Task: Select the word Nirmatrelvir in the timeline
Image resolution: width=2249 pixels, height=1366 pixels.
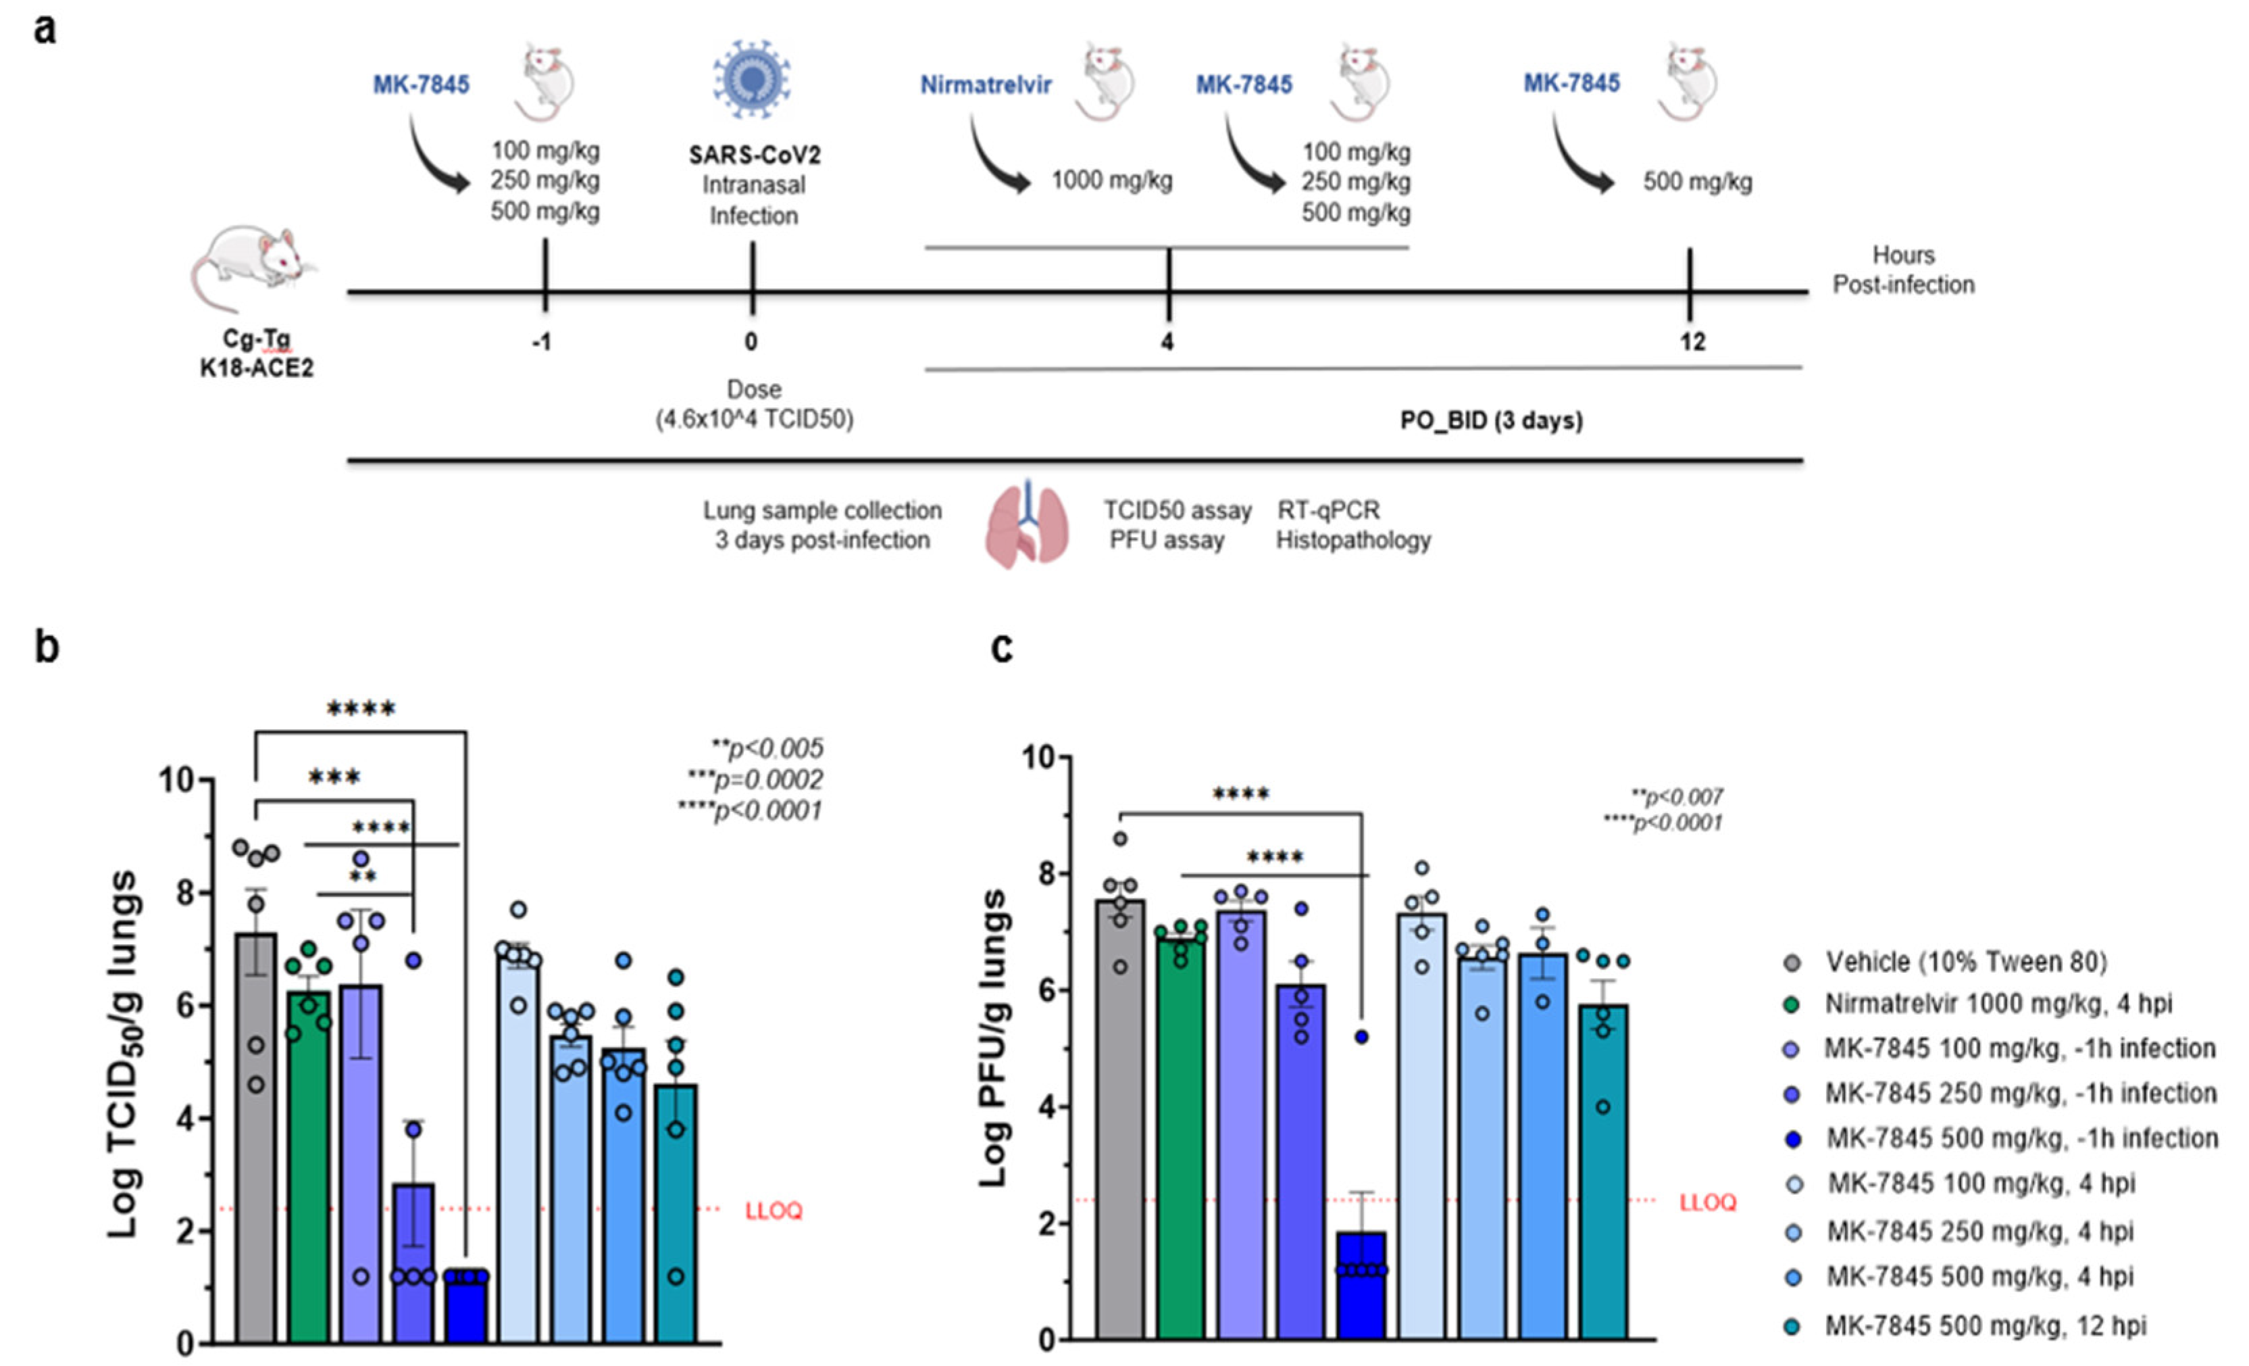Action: [x=986, y=85]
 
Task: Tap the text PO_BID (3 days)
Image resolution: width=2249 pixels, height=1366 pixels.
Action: [x=1492, y=421]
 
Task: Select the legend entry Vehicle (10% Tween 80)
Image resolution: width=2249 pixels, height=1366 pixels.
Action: [x=1966, y=962]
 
